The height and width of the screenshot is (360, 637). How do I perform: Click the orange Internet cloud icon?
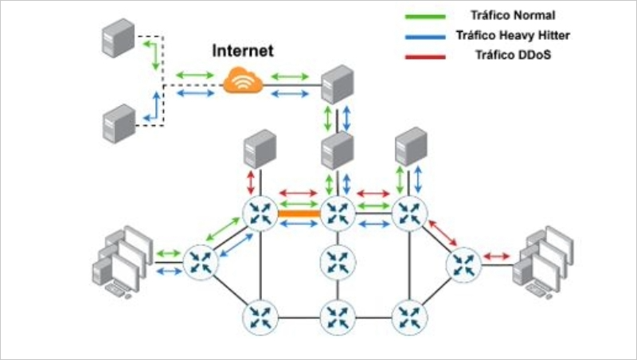(x=243, y=80)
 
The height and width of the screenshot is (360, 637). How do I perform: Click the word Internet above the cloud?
(x=243, y=51)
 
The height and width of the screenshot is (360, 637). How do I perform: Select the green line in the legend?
(x=423, y=16)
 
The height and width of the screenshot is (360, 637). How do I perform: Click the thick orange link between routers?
(x=299, y=213)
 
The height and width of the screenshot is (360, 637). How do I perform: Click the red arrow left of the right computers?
(x=497, y=256)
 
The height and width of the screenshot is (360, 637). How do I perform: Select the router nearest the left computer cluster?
(x=200, y=262)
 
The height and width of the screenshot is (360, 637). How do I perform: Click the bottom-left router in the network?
(x=260, y=315)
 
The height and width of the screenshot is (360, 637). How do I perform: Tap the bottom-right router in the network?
(x=408, y=315)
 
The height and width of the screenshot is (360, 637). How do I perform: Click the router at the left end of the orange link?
(x=260, y=213)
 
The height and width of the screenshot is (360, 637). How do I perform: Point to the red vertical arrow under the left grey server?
(x=252, y=182)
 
